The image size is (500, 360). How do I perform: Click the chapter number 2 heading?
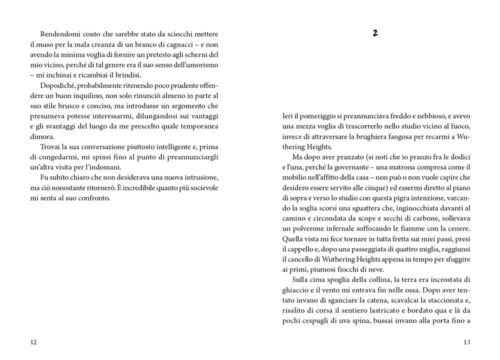[375, 33]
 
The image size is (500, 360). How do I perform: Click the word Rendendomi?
[58, 33]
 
